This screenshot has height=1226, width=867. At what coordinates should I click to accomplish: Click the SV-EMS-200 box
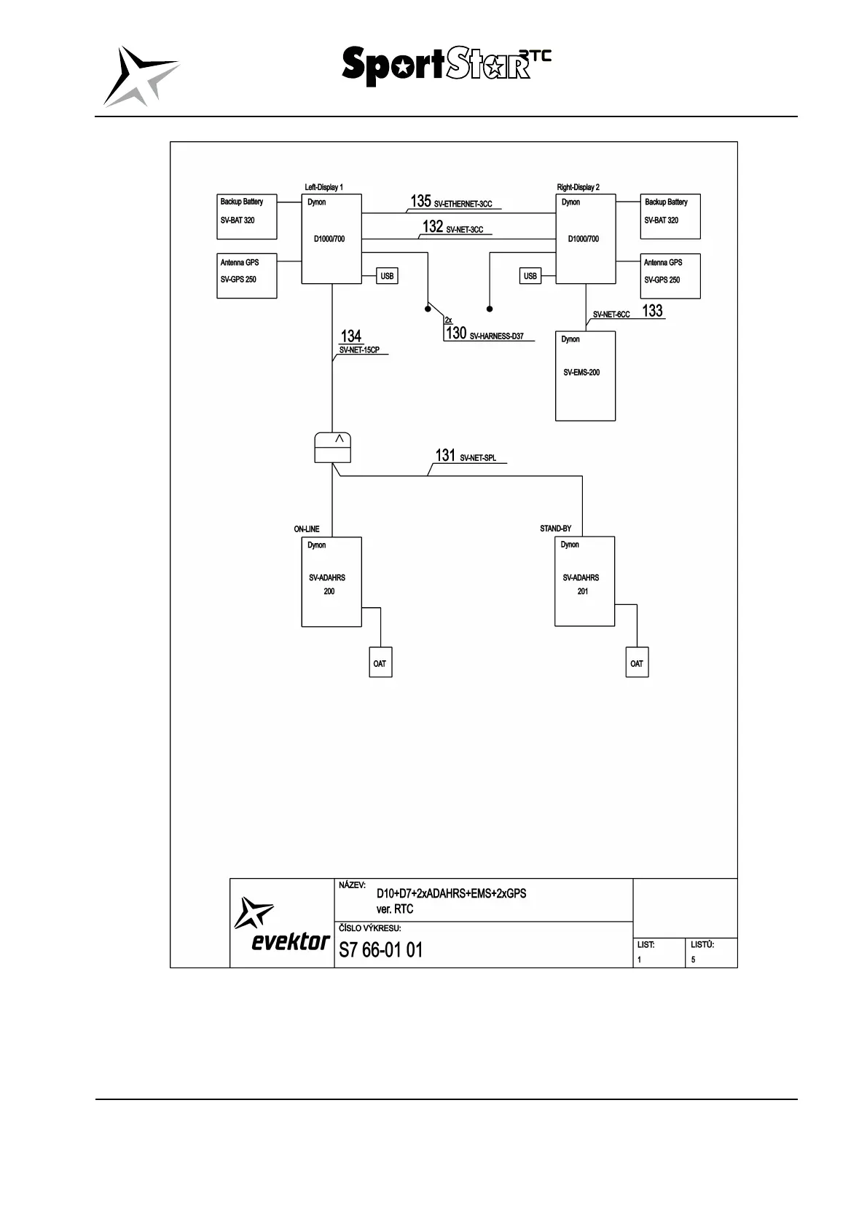tap(585, 376)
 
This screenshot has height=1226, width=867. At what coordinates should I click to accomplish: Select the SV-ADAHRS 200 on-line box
tap(331, 582)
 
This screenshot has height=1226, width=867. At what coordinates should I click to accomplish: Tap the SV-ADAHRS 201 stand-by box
tap(584, 581)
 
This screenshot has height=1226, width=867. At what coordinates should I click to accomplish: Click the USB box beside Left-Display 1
tap(387, 276)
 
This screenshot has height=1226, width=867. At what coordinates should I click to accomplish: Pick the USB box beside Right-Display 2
tap(530, 276)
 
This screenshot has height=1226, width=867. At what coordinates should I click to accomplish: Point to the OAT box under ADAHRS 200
tap(380, 663)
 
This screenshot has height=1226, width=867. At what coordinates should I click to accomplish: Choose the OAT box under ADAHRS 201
tap(637, 663)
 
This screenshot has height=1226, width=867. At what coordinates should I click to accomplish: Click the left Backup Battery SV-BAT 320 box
tap(247, 216)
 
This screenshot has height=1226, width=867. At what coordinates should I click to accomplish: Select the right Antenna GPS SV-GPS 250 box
tap(670, 276)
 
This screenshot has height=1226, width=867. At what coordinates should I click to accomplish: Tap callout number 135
tap(420, 202)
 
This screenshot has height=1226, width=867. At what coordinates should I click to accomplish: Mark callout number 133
tap(652, 311)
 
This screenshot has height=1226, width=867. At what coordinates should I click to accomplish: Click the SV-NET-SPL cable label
tap(478, 458)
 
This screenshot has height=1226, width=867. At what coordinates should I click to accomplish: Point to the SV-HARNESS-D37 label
tap(497, 336)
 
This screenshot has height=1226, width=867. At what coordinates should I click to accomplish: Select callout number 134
tap(351, 336)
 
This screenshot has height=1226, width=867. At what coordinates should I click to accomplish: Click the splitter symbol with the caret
tap(332, 447)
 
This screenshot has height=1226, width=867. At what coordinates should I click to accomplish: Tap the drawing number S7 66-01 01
tap(380, 950)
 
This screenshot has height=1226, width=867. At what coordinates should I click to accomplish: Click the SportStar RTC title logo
tap(446, 66)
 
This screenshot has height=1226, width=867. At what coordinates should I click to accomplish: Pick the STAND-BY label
tap(555, 529)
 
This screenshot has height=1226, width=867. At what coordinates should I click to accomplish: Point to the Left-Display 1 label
tap(323, 187)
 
